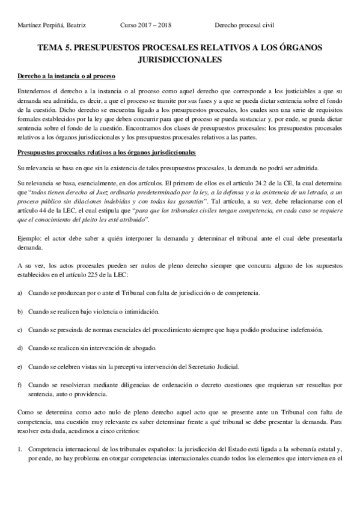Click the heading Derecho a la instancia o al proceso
(x=66, y=77)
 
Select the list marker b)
(x=20, y=312)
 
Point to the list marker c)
(x=20, y=330)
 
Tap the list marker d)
(x=20, y=348)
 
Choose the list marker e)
(x=20, y=366)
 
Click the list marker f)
(x=20, y=384)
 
